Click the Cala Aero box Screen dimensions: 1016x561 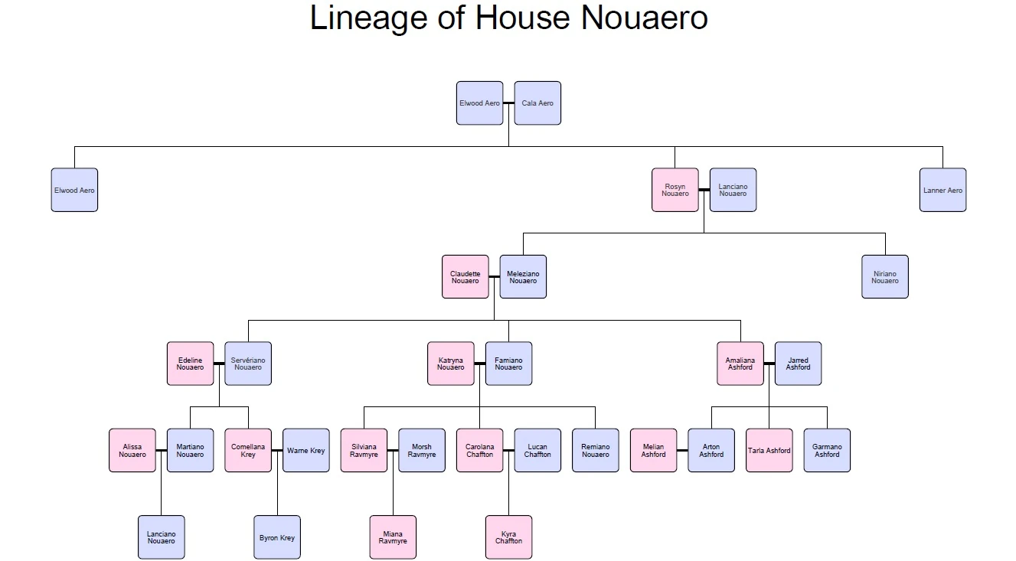click(537, 103)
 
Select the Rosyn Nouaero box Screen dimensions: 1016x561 click(675, 190)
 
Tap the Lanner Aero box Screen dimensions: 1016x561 click(942, 190)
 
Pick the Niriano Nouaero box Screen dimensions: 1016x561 click(885, 277)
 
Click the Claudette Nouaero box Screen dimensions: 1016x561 click(466, 277)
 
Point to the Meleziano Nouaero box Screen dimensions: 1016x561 click(523, 277)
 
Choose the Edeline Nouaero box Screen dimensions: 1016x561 click(191, 364)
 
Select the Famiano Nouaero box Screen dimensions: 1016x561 click(508, 364)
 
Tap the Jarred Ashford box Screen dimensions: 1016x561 click(798, 364)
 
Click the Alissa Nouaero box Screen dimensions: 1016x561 click(132, 451)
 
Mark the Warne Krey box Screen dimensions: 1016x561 click(306, 451)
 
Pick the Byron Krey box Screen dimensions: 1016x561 click(277, 537)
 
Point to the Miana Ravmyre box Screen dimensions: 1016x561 click(393, 537)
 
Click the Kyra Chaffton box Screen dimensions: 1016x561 click(508, 537)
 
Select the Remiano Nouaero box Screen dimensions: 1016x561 click(596, 451)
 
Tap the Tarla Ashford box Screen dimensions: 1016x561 click(769, 451)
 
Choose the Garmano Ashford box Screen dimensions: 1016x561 click(827, 451)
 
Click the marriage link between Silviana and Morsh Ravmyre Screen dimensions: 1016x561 click(393, 451)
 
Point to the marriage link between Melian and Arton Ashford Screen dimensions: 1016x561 click(682, 451)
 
